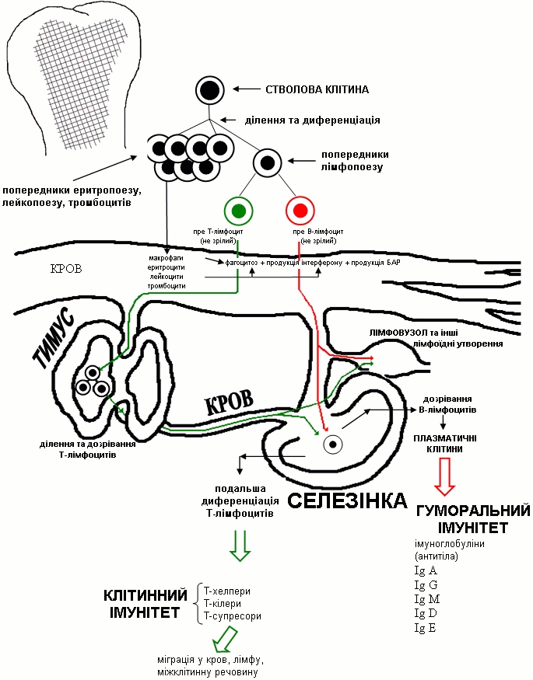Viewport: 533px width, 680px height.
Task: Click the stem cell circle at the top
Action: click(x=208, y=90)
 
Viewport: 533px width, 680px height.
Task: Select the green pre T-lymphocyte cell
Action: click(x=238, y=210)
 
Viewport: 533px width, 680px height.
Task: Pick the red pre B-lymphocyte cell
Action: click(x=300, y=210)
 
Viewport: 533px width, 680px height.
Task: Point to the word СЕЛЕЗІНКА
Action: click(x=347, y=500)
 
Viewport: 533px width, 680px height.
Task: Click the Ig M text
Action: click(x=427, y=598)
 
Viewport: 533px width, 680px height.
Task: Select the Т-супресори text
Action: click(x=232, y=615)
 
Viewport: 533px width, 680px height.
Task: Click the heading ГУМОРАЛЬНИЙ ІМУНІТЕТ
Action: click(x=473, y=518)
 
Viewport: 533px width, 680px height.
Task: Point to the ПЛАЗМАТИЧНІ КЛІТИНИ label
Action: click(x=444, y=443)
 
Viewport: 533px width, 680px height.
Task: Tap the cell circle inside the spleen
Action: click(x=334, y=445)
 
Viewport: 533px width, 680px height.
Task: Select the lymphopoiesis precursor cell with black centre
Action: click(x=267, y=162)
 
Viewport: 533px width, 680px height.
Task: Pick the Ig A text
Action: click(x=426, y=570)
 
